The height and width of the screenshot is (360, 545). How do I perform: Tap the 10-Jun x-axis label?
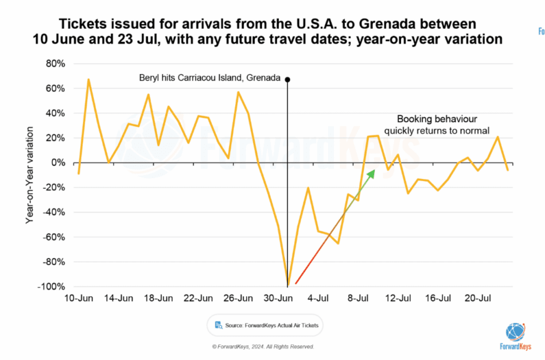pos(78,299)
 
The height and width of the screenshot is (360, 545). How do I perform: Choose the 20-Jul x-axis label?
pos(477,299)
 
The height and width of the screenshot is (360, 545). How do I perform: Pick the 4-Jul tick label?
pos(318,299)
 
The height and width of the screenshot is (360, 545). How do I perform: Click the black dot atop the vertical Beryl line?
pos(287,79)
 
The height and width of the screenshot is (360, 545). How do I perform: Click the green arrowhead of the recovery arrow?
pos(371,173)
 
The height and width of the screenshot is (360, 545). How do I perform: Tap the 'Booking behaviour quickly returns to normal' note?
pos(437,125)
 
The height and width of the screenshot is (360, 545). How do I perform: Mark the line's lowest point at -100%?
pos(287,286)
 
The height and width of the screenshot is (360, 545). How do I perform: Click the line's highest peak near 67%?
pos(88,79)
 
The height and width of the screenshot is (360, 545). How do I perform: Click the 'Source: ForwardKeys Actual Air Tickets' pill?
pos(265,325)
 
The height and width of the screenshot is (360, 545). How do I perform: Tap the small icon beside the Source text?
pos(219,325)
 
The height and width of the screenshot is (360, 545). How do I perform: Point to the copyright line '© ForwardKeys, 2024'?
pos(263,347)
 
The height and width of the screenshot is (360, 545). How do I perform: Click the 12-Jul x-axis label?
pos(398,299)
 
